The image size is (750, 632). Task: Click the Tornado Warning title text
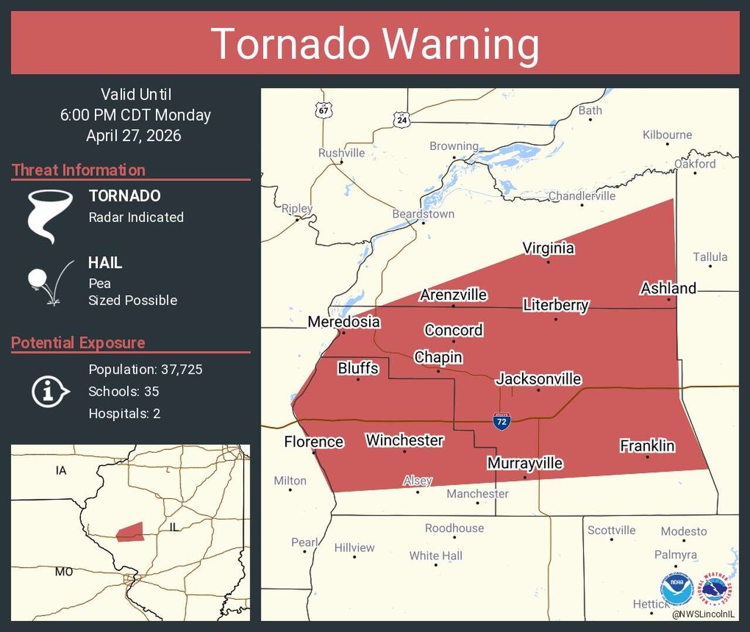(375, 44)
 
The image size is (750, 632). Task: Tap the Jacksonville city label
(538, 379)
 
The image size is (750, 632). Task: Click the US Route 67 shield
(323, 110)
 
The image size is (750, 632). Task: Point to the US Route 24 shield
(401, 119)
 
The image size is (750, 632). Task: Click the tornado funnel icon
(49, 215)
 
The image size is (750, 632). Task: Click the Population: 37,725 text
(145, 370)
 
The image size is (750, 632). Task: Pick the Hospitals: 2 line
(124, 414)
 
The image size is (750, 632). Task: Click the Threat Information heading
(79, 170)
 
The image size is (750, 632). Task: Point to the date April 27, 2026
(134, 136)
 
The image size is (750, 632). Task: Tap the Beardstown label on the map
(423, 214)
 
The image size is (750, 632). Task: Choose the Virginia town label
(548, 248)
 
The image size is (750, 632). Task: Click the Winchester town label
(404, 440)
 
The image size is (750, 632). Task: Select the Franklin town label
(647, 446)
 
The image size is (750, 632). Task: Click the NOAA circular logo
(677, 588)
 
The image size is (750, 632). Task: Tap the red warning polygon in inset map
(131, 532)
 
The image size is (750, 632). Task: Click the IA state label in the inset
(61, 470)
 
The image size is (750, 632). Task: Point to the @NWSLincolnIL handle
(703, 614)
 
